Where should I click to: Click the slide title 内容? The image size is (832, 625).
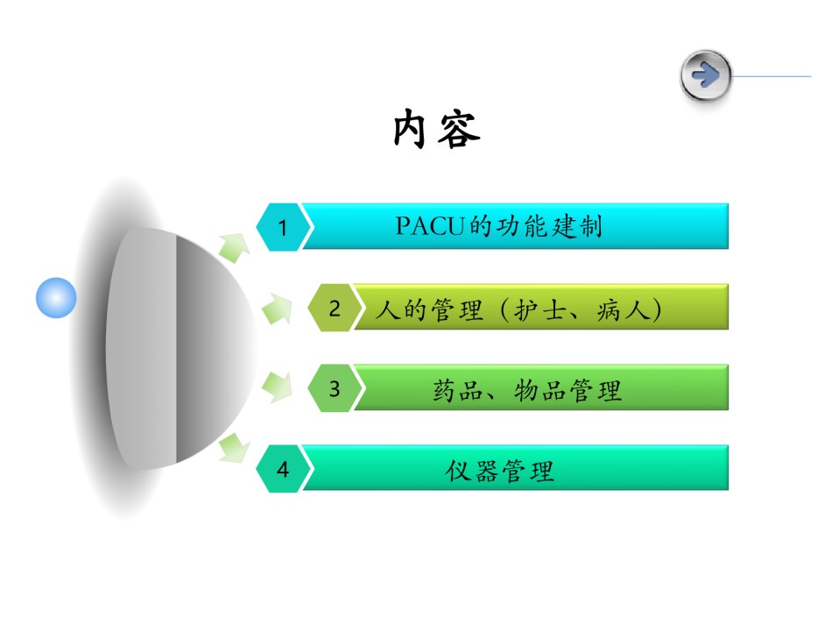point(437,129)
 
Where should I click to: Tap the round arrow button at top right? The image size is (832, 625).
point(705,75)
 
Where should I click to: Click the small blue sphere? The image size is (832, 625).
point(56,297)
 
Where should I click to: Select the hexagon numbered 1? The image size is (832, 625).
point(283,227)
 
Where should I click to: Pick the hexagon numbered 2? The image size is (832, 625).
point(335,308)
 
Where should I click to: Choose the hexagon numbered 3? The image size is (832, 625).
point(335,388)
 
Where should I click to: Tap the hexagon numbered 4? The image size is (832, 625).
point(283,469)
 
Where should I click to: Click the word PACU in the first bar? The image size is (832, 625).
point(430,226)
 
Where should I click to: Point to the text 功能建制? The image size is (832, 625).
point(548,227)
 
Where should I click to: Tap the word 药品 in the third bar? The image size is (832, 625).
point(458,390)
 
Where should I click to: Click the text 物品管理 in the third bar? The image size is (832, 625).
point(568,390)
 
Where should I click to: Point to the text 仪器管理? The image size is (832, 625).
point(500,471)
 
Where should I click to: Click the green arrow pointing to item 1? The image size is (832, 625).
point(234,247)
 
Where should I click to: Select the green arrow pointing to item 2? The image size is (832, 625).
point(277,309)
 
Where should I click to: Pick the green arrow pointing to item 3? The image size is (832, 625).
point(277,387)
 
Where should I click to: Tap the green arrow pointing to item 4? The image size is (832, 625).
point(234,448)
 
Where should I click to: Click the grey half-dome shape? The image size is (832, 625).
point(180,348)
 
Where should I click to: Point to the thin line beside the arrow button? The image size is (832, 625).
point(772,76)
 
